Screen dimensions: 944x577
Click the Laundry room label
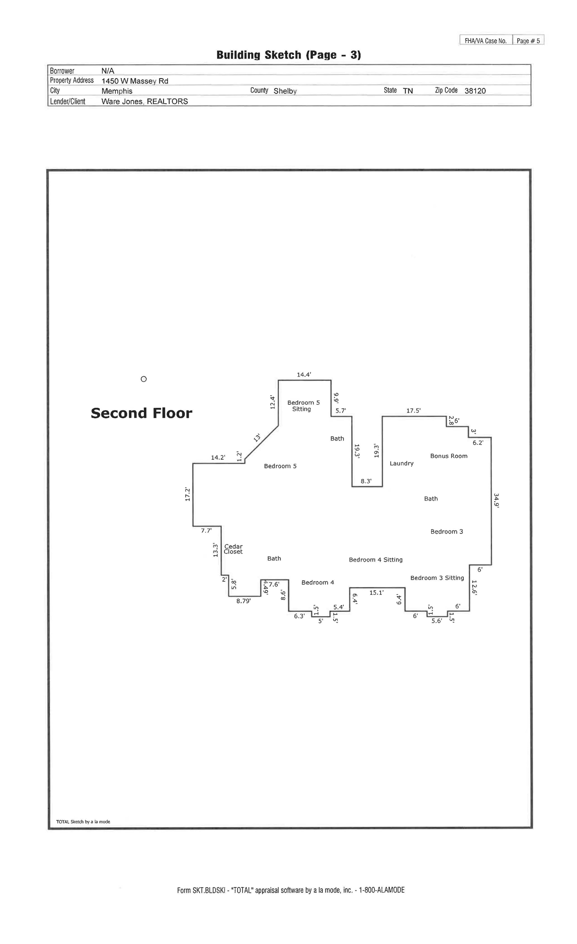tap(401, 463)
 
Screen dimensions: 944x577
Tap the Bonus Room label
tap(448, 456)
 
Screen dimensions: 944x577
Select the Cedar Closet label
tap(233, 549)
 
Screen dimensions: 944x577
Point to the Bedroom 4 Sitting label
tap(375, 560)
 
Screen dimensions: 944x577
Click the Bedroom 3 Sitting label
tap(437, 578)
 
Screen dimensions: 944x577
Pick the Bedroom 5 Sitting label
tap(303, 406)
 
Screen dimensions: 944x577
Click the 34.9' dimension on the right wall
tap(496, 500)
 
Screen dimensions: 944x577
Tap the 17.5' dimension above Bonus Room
tap(413, 411)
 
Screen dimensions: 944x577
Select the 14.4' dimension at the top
tap(304, 374)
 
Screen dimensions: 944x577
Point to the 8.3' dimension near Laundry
tap(366, 481)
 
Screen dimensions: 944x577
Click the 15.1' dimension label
tap(376, 592)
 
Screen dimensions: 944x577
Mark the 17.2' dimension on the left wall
tap(188, 494)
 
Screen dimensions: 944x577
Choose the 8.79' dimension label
tap(243, 601)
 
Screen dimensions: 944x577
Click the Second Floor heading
tap(141, 413)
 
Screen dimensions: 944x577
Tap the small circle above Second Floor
tap(143, 379)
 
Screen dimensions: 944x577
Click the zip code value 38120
tap(475, 91)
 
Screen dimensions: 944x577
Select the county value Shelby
tap(285, 91)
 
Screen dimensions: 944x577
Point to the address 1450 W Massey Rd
tap(135, 81)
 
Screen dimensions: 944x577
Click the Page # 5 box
tap(528, 41)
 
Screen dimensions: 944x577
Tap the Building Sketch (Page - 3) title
tap(288, 55)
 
